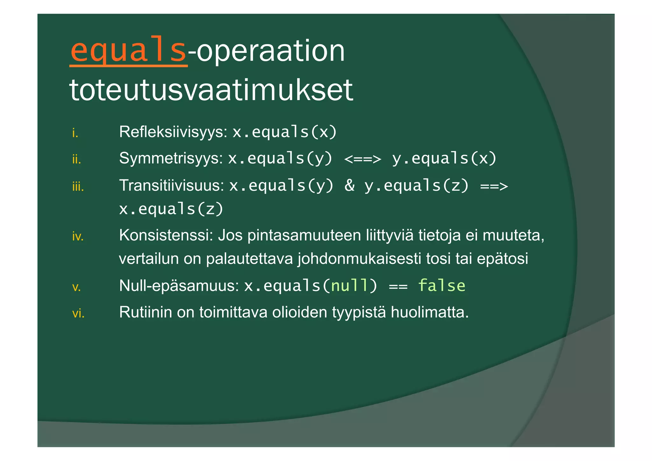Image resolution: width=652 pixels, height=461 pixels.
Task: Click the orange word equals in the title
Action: pos(128,51)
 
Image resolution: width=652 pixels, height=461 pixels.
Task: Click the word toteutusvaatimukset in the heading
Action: pos(211,90)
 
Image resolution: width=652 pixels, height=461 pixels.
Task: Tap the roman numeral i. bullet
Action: pos(75,133)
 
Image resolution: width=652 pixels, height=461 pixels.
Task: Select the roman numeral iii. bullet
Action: pos(78,186)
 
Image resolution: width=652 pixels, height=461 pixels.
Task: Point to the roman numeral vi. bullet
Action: pos(78,313)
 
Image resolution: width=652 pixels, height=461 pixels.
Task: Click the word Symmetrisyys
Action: pos(171,158)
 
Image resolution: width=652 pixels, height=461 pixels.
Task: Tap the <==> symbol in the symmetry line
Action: pos(362,159)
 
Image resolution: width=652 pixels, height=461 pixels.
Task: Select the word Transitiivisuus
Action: pos(172,185)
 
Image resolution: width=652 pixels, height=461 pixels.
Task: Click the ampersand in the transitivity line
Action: pos(350,185)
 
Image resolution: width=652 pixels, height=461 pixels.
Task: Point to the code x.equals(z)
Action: pos(171,209)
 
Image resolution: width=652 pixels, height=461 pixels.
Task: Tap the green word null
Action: pos(349,285)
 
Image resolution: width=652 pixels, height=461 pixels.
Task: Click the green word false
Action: pos(441,285)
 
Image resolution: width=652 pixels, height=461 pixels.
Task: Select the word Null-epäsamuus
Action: pos(179,285)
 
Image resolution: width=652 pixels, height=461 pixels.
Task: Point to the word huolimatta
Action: pos(430,312)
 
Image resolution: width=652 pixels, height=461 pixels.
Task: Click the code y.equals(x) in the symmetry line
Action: pos(444,158)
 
